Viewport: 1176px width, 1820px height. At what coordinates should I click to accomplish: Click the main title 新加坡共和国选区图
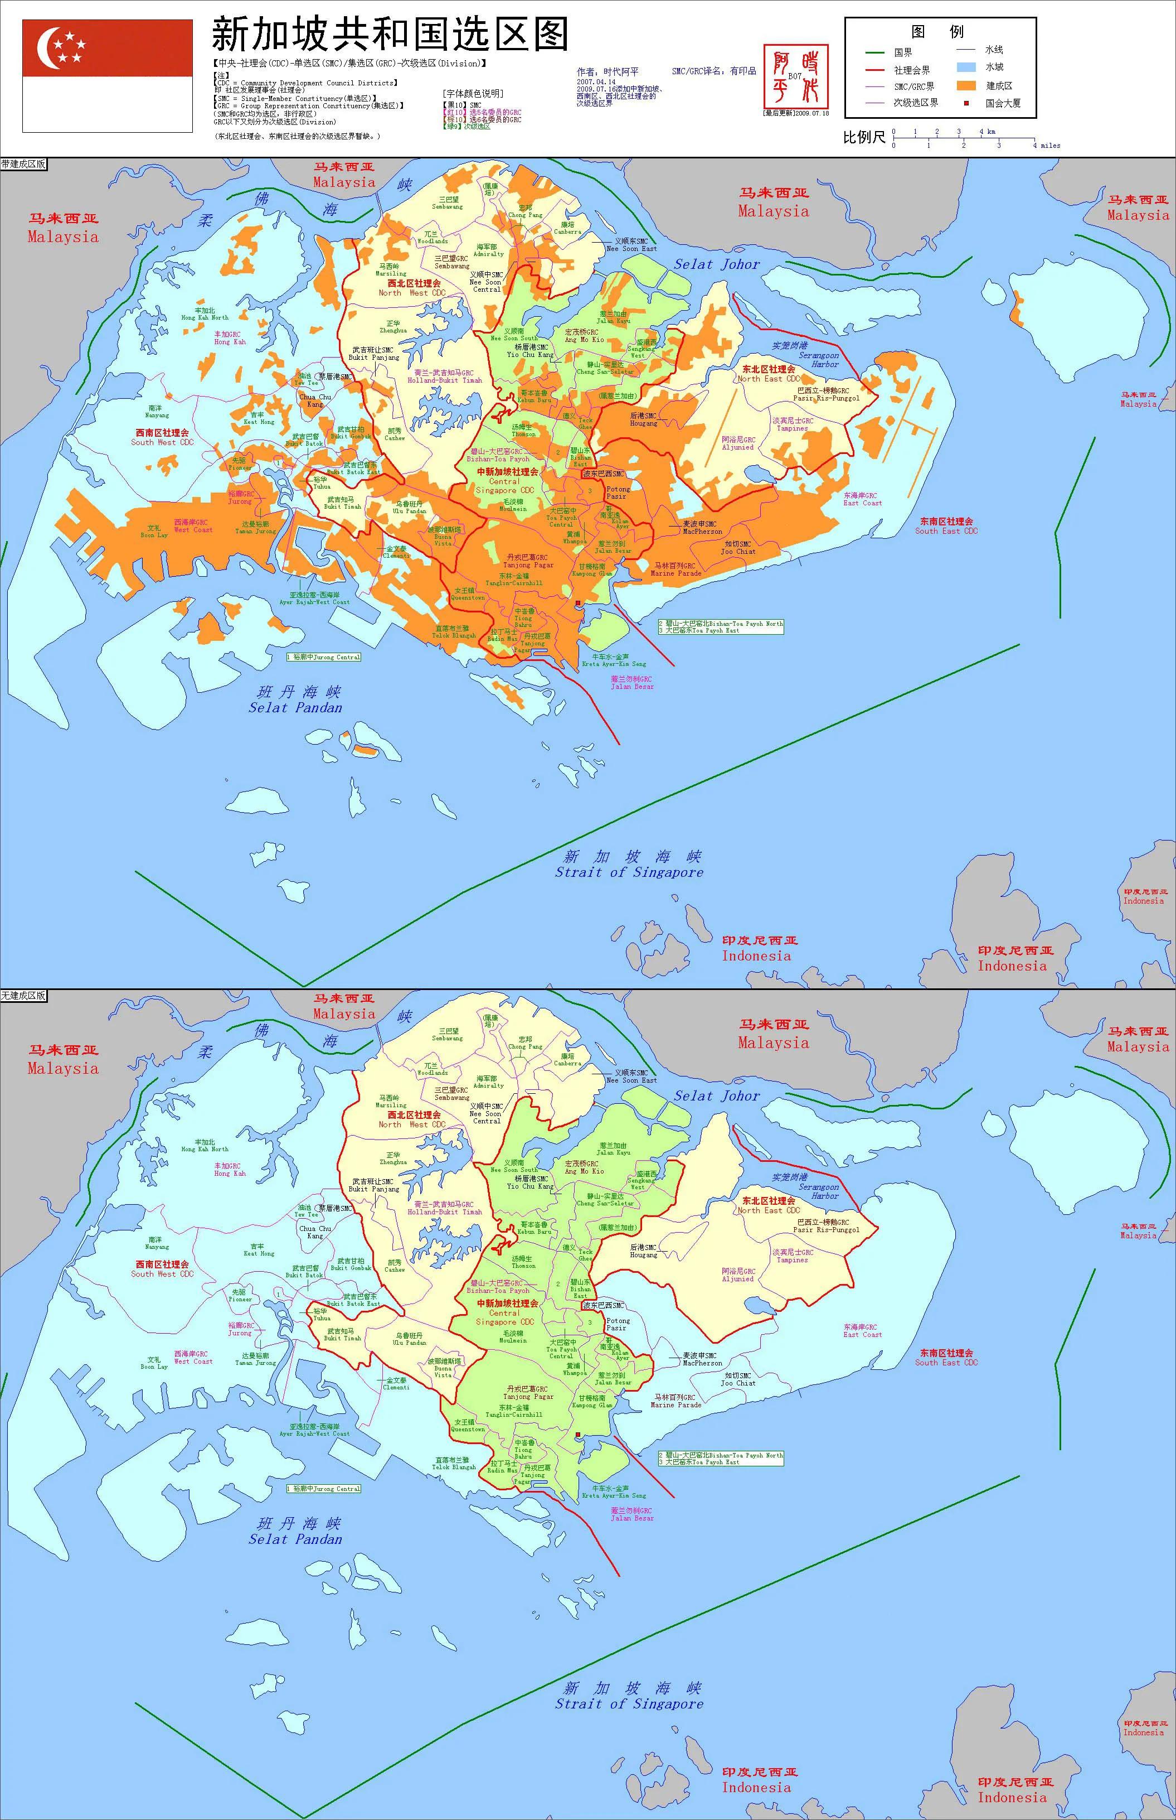click(x=390, y=35)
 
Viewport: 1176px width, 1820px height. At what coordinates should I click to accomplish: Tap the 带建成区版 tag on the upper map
click(x=23, y=163)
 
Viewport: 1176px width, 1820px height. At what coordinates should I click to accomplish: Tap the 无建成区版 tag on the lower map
click(x=23, y=996)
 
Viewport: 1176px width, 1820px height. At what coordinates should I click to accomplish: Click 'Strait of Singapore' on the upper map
click(x=629, y=872)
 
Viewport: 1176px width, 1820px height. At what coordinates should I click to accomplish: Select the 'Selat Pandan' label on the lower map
click(x=295, y=1539)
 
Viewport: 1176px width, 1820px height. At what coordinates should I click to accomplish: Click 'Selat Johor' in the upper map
click(x=716, y=264)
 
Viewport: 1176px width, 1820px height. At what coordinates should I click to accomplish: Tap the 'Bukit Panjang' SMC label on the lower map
click(x=373, y=1189)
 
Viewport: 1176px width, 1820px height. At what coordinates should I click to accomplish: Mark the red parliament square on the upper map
click(x=578, y=603)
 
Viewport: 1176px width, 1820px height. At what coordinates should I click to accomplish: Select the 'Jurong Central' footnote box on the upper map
click(x=323, y=657)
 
